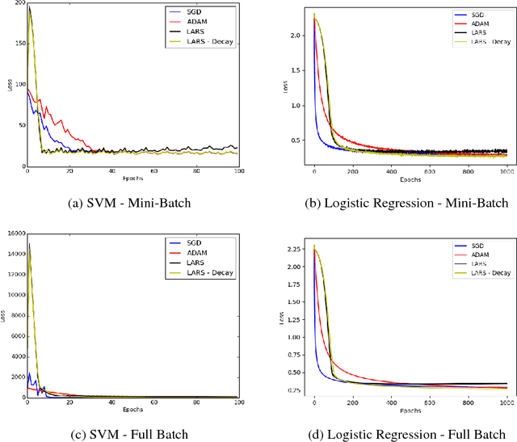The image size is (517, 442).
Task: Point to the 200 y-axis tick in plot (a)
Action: pyautogui.click(x=18, y=5)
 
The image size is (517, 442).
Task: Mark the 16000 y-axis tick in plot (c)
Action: pyautogui.click(x=13, y=234)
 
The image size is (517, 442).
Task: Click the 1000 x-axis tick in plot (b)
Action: pyautogui.click(x=506, y=171)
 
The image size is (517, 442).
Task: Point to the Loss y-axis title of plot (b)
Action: pyautogui.click(x=285, y=84)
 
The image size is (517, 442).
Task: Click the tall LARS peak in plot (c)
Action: pyautogui.click(x=30, y=244)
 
